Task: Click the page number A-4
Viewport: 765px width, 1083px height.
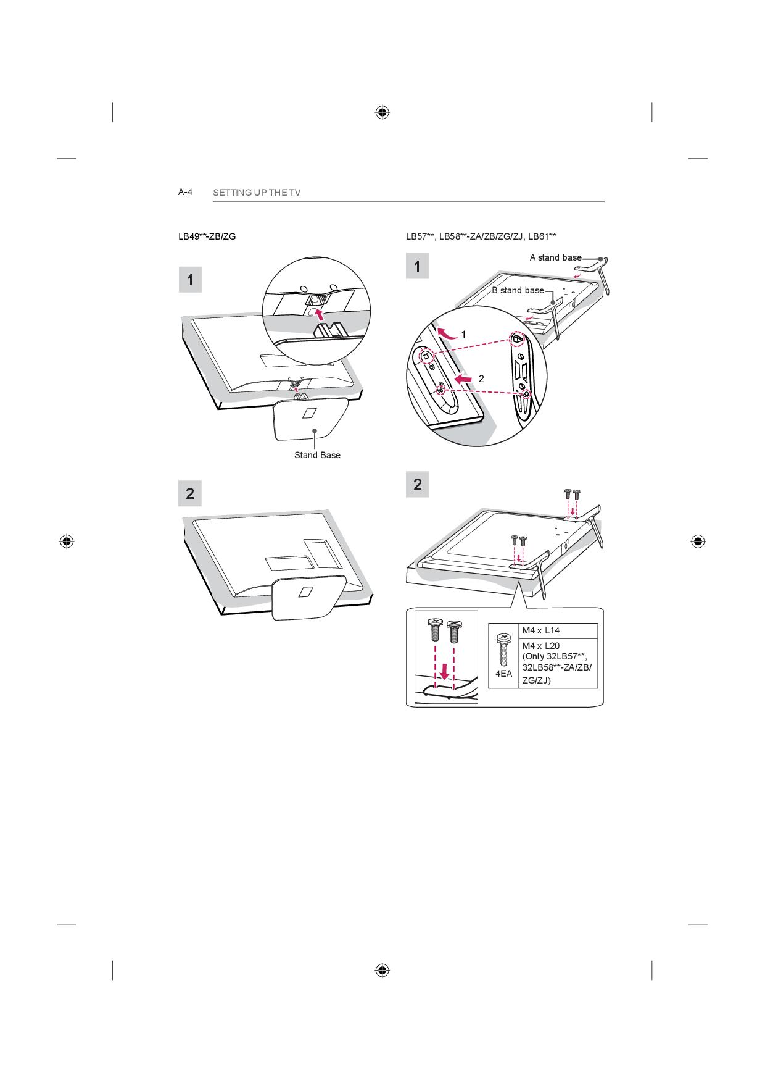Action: [186, 192]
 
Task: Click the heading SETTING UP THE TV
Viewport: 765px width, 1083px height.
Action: [257, 193]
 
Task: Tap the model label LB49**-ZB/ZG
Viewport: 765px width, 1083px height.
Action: [207, 236]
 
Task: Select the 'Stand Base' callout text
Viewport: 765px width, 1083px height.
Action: [317, 455]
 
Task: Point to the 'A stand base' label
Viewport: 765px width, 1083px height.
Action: [555, 257]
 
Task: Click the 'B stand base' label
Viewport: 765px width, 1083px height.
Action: [518, 290]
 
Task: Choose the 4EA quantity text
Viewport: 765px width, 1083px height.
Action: [504, 674]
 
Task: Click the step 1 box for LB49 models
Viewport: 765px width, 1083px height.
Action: [190, 280]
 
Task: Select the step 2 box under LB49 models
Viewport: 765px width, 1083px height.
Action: [190, 493]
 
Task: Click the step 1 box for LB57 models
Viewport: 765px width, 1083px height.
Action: [418, 266]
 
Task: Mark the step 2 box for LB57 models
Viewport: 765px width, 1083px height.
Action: [418, 484]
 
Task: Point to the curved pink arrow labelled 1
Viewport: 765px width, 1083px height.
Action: [449, 333]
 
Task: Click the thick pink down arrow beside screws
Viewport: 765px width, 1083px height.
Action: [444, 670]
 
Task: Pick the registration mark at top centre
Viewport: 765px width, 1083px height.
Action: [382, 112]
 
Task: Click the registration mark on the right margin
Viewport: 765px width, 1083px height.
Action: [698, 541]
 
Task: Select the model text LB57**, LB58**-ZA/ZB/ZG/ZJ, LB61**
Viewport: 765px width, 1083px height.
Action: [481, 236]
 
